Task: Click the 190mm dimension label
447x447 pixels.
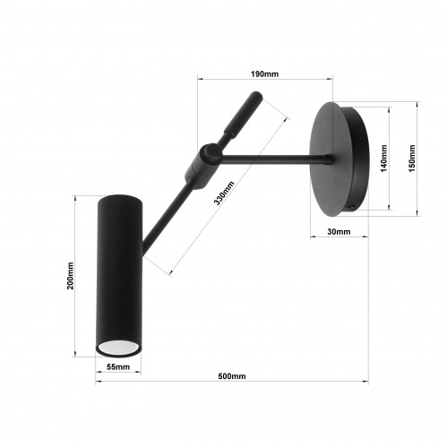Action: coord(264,73)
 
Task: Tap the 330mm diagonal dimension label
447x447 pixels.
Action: coord(224,193)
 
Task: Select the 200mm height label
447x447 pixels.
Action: coord(70,275)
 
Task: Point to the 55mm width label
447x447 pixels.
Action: coord(118,366)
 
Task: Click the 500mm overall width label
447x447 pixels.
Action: coord(232,376)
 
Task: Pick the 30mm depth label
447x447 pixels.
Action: coord(339,232)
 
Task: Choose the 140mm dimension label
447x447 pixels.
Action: coord(384,159)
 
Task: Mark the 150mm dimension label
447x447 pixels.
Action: coord(412,159)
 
